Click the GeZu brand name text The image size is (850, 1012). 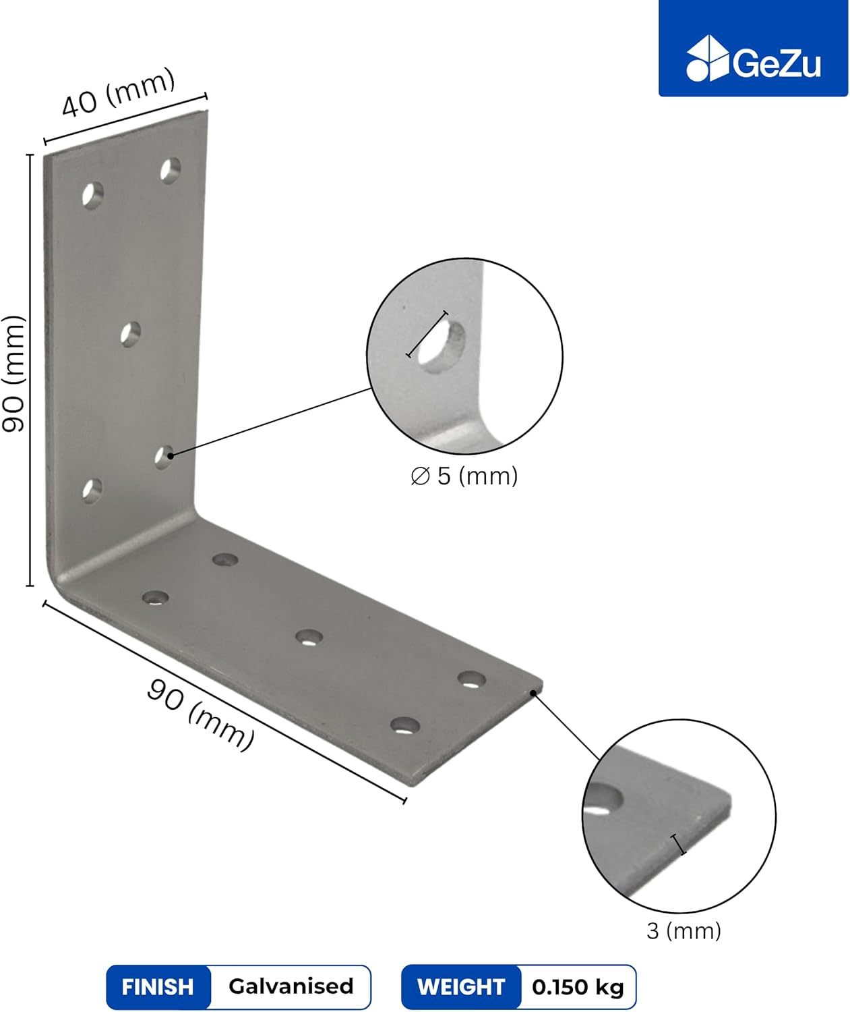pyautogui.click(x=777, y=63)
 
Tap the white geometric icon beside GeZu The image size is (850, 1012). pyautogui.click(x=707, y=58)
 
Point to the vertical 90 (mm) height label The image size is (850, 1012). pyautogui.click(x=13, y=373)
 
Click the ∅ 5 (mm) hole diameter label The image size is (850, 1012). pyautogui.click(x=464, y=476)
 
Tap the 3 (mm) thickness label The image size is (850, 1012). pyautogui.click(x=684, y=931)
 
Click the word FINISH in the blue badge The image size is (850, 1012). pyautogui.click(x=158, y=987)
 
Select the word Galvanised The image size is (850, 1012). pyautogui.click(x=291, y=986)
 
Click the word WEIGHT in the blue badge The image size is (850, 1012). pyautogui.click(x=461, y=987)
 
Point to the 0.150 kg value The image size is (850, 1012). pyautogui.click(x=578, y=987)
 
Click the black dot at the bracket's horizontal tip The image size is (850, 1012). pyautogui.click(x=533, y=693)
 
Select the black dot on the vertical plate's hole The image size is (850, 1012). pyautogui.click(x=171, y=455)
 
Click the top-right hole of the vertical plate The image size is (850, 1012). pyautogui.click(x=171, y=171)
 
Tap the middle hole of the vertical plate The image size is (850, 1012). pyautogui.click(x=130, y=335)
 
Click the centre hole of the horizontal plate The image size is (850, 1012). pyautogui.click(x=309, y=638)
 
